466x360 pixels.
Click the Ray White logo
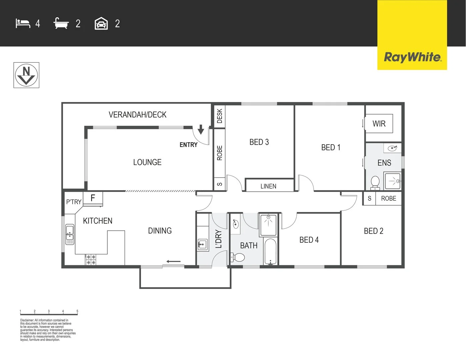coord(412,57)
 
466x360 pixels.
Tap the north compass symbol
coord(26,75)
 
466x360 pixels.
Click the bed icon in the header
coord(23,24)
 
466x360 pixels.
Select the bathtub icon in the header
coord(61,24)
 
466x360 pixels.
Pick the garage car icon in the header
coord(101,24)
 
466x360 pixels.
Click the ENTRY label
coord(188,145)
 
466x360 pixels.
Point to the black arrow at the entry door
coord(201,129)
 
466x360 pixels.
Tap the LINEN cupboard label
coord(268,186)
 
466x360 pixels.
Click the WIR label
coord(379,124)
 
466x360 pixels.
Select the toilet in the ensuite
coord(375,183)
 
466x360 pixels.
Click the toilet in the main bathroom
coord(238,257)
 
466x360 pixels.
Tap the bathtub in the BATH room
coord(270,252)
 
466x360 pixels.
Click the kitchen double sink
coord(70,233)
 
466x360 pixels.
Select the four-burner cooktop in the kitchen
coord(91,260)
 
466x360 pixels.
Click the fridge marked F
coord(93,198)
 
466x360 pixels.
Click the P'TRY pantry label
coord(74,202)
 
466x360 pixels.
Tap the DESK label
coord(220,116)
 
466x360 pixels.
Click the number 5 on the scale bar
coord(77,311)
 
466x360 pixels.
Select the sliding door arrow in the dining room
coord(174,262)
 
